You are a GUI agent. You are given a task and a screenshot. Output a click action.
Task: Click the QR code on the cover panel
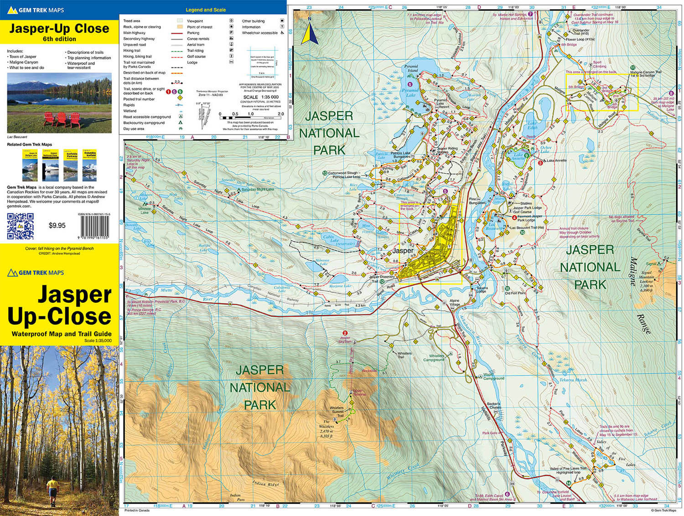click(20, 226)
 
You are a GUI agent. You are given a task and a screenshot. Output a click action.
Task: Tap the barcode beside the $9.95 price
click(95, 226)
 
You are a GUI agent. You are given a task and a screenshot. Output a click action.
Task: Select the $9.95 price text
click(57, 225)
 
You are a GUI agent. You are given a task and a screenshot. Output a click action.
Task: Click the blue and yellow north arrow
click(310, 32)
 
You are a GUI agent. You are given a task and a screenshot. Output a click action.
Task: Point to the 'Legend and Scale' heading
click(205, 10)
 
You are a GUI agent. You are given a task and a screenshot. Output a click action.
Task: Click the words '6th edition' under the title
click(59, 39)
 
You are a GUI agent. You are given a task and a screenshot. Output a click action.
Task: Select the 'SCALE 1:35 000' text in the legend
click(261, 97)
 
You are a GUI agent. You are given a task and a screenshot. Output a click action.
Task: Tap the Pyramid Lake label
click(411, 93)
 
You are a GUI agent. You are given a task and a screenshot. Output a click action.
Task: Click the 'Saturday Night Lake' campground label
click(258, 190)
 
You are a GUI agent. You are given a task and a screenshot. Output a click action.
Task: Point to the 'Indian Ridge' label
click(266, 484)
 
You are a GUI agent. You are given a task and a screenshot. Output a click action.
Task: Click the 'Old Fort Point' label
click(515, 293)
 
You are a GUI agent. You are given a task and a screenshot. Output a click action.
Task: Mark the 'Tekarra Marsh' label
click(573, 380)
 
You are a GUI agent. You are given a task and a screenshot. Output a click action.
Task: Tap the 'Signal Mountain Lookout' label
click(646, 277)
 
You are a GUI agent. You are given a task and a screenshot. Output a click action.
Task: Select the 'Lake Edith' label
click(532, 125)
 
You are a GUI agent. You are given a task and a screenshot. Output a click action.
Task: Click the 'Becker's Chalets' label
click(493, 406)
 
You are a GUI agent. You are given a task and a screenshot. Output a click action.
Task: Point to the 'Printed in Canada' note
click(137, 511)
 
